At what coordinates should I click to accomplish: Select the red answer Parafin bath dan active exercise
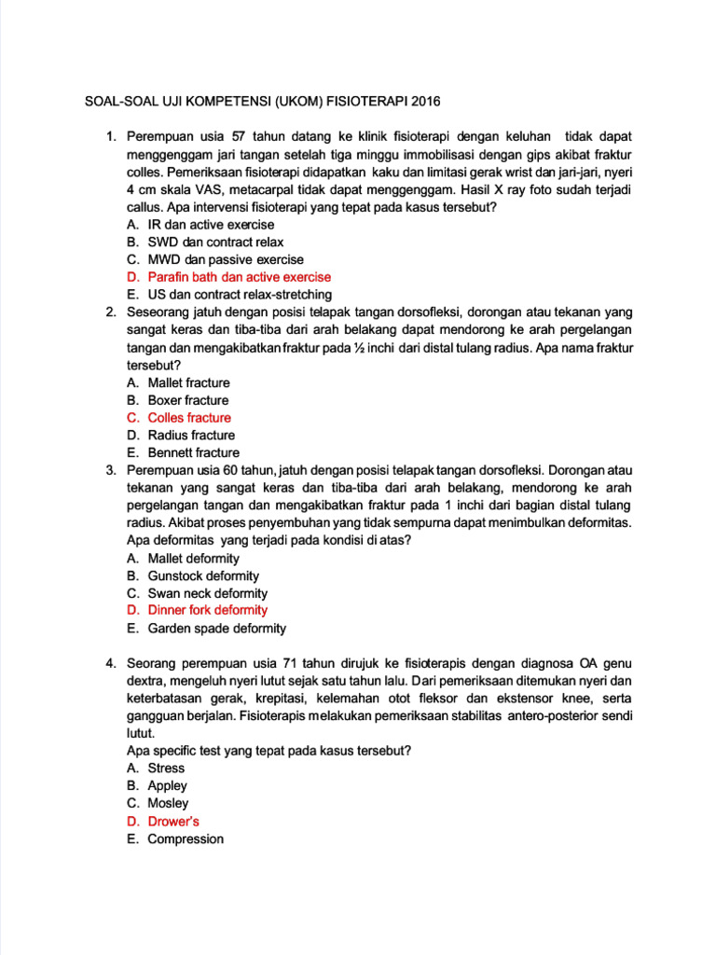pyautogui.click(x=239, y=277)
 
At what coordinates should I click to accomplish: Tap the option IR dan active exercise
pyautogui.click(x=211, y=225)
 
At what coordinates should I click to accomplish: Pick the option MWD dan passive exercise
pyautogui.click(x=226, y=259)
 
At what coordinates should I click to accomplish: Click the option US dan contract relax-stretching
pyautogui.click(x=240, y=295)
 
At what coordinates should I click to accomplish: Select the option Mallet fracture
pyautogui.click(x=188, y=382)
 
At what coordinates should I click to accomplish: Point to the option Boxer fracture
pyautogui.click(x=188, y=400)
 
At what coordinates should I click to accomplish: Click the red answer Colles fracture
pyautogui.click(x=189, y=418)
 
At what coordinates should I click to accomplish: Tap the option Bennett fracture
pyautogui.click(x=193, y=453)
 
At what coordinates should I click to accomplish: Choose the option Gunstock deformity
pyautogui.click(x=203, y=576)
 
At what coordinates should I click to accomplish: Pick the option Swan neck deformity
pyautogui.click(x=207, y=593)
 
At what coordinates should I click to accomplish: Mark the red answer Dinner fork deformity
pyautogui.click(x=207, y=610)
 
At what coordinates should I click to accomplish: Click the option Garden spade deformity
pyautogui.click(x=216, y=629)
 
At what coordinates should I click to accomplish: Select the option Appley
pyautogui.click(x=167, y=785)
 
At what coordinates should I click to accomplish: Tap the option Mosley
pyautogui.click(x=168, y=803)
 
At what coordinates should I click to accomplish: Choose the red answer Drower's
pyautogui.click(x=173, y=822)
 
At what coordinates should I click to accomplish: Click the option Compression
pyautogui.click(x=186, y=839)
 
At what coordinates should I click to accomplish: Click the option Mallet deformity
pyautogui.click(x=193, y=559)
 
